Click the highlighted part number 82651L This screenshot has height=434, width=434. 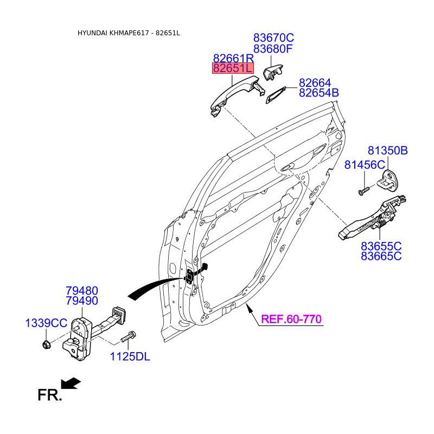(233, 68)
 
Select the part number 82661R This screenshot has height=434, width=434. (233, 58)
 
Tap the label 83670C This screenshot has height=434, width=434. (273, 37)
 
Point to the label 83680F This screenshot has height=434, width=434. (273, 48)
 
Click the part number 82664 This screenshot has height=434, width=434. (315, 83)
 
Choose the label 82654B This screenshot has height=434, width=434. (318, 93)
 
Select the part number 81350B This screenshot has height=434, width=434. (387, 151)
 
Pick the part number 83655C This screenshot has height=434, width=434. (381, 246)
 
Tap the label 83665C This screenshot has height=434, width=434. (381, 256)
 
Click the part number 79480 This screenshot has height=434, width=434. (82, 291)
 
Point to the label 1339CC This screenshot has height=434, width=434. (46, 323)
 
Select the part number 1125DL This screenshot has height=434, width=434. (130, 356)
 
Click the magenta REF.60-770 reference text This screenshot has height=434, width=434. (291, 319)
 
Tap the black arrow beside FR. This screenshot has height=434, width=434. (71, 384)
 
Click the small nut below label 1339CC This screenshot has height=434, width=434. (47, 343)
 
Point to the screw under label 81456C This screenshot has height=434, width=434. (363, 190)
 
